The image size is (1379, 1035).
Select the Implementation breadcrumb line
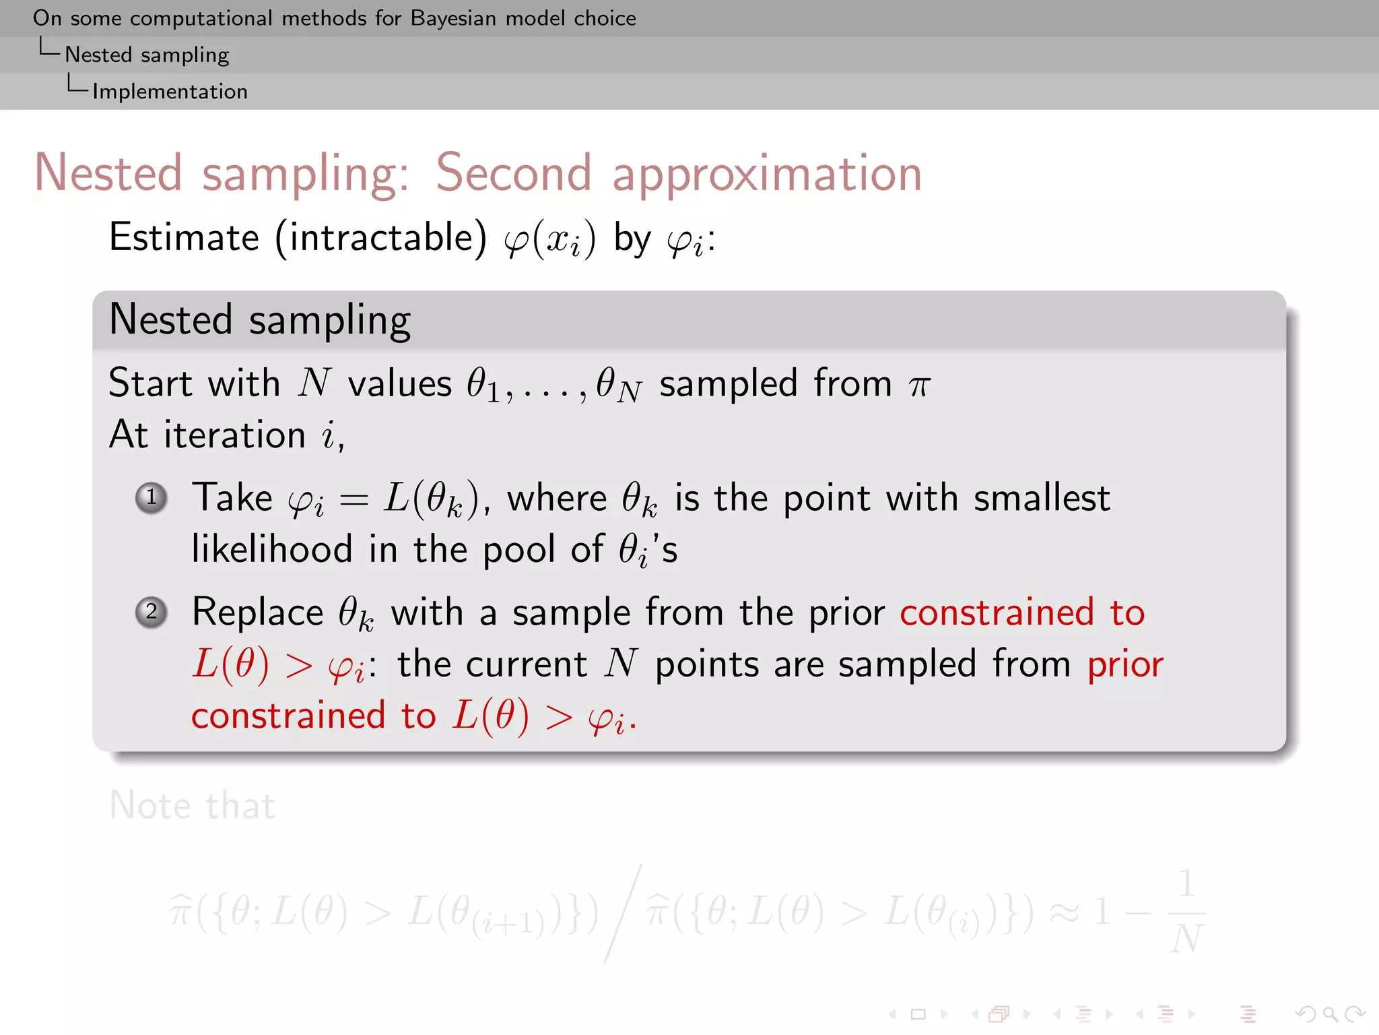pyautogui.click(x=170, y=91)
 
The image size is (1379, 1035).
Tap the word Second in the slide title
pyautogui.click(x=514, y=173)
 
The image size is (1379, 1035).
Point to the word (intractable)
pyautogui.click(x=380, y=238)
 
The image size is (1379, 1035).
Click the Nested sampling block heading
pyautogui.click(x=260, y=320)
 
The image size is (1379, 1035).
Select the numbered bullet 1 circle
pyautogui.click(x=152, y=498)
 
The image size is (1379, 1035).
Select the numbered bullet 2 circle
pyautogui.click(x=152, y=613)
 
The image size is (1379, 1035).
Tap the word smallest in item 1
pyautogui.click(x=1042, y=499)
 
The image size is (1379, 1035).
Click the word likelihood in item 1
pyautogui.click(x=272, y=548)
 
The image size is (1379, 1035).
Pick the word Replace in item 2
pyautogui.click(x=258, y=613)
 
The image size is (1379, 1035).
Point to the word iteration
pyautogui.click(x=235, y=435)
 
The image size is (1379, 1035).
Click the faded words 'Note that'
pyautogui.click(x=193, y=805)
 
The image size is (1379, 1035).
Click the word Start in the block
pyautogui.click(x=151, y=383)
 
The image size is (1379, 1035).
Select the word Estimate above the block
pyautogui.click(x=184, y=238)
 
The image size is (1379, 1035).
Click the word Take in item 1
pyautogui.click(x=232, y=499)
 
